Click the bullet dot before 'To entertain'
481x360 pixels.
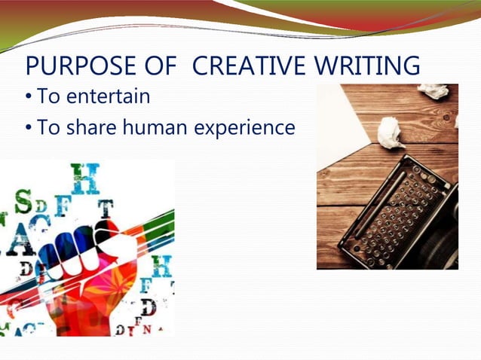coord(29,98)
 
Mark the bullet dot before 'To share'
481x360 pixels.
coord(29,128)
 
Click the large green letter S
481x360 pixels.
coord(24,201)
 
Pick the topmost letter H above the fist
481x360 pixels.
coord(84,178)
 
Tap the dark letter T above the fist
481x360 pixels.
coord(106,207)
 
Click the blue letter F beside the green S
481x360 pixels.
coord(63,205)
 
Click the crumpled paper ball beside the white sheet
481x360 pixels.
coord(391,133)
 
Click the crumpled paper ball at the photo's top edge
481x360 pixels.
coord(434,90)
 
